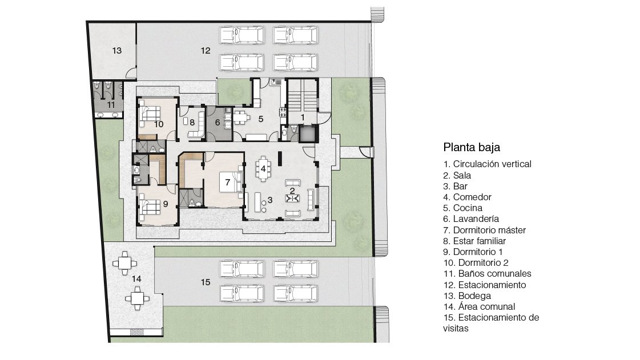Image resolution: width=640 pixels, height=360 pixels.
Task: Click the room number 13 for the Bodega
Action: (x=116, y=51)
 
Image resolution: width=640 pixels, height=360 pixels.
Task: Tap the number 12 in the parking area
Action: (x=206, y=51)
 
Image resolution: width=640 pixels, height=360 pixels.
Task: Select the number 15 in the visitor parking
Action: (x=206, y=282)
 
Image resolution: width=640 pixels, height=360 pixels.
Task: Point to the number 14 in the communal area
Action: (x=136, y=279)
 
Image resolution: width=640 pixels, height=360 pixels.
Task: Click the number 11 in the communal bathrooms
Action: (x=111, y=105)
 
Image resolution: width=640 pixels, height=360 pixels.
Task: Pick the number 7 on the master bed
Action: (x=228, y=182)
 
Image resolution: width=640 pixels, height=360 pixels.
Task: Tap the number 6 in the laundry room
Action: (x=218, y=122)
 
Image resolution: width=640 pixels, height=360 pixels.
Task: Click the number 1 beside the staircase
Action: (x=303, y=118)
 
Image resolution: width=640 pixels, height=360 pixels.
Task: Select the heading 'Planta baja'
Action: (x=472, y=147)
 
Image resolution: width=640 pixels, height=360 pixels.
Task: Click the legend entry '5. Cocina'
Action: (x=462, y=208)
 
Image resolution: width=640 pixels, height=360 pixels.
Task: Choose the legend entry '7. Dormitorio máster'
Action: (x=485, y=230)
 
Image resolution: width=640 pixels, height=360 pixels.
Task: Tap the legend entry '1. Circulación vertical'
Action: (x=488, y=164)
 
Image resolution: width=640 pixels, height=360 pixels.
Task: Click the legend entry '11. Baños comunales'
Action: (x=488, y=274)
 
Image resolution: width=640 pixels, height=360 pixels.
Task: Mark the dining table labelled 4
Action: (x=263, y=168)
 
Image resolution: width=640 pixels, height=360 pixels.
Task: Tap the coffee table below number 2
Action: (x=293, y=199)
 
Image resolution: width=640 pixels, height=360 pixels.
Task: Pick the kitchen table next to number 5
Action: (x=241, y=118)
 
